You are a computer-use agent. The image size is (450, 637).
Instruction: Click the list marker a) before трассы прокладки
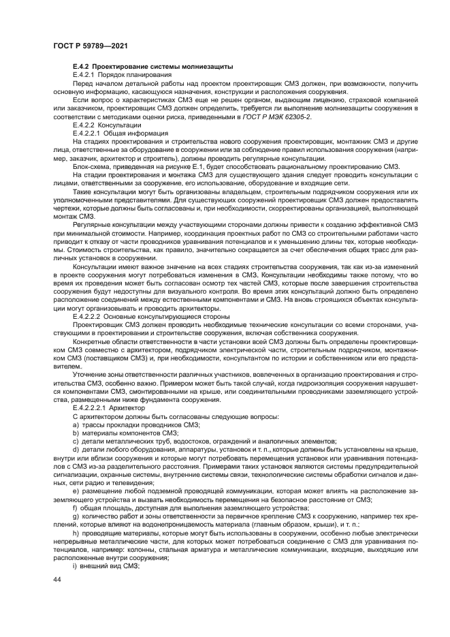(x=74, y=424)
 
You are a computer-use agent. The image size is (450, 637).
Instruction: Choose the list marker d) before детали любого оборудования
(x=74, y=449)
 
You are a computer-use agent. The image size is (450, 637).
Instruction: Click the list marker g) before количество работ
(x=74, y=516)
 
